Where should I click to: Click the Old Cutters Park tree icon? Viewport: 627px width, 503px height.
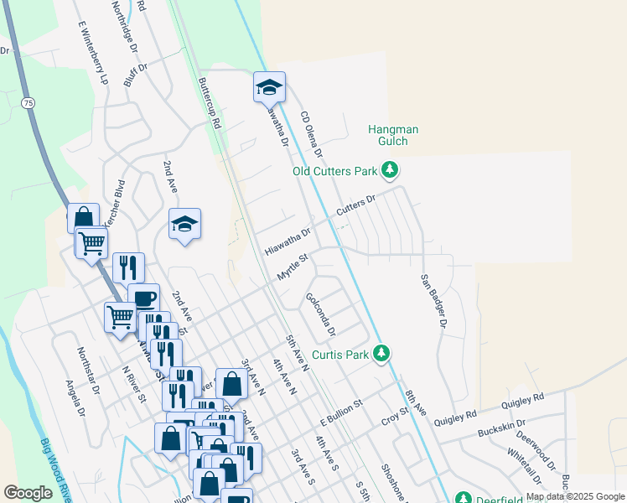pos(389,171)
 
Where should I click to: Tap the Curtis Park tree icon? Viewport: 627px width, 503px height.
pos(381,354)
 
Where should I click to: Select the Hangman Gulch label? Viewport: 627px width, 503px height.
pos(393,135)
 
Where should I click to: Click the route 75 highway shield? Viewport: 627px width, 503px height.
pos(28,102)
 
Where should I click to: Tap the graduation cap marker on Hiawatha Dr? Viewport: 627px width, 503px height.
pos(269,86)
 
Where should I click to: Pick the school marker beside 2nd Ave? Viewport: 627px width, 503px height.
pos(184,224)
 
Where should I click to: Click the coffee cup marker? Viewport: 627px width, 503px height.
pos(143,298)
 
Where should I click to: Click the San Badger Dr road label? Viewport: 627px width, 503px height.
pos(434,300)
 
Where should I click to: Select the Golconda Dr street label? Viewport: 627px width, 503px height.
pos(321,314)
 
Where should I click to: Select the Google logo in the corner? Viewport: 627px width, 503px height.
pos(28,493)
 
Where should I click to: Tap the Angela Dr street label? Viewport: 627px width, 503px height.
pos(76,397)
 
